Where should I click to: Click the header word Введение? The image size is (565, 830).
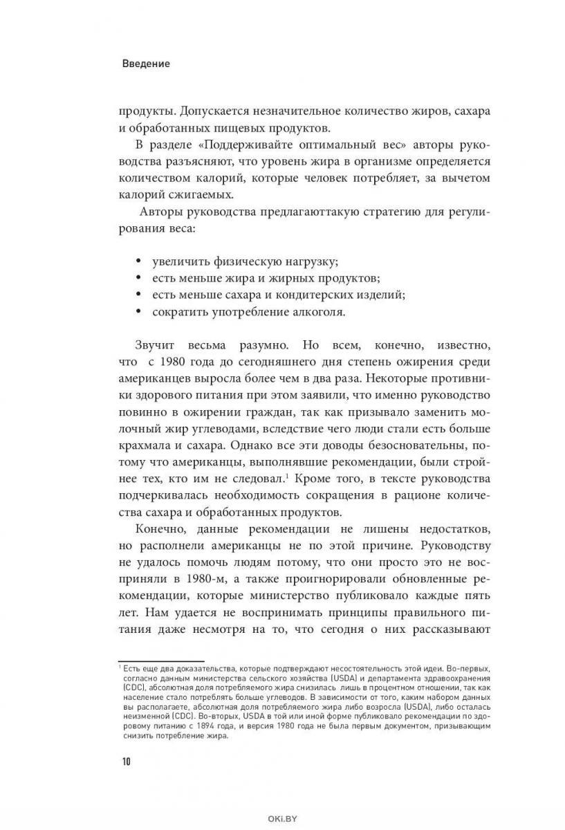point(146,64)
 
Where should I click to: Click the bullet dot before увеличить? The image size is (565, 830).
point(138,261)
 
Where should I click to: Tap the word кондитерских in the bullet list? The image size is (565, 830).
point(313,295)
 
